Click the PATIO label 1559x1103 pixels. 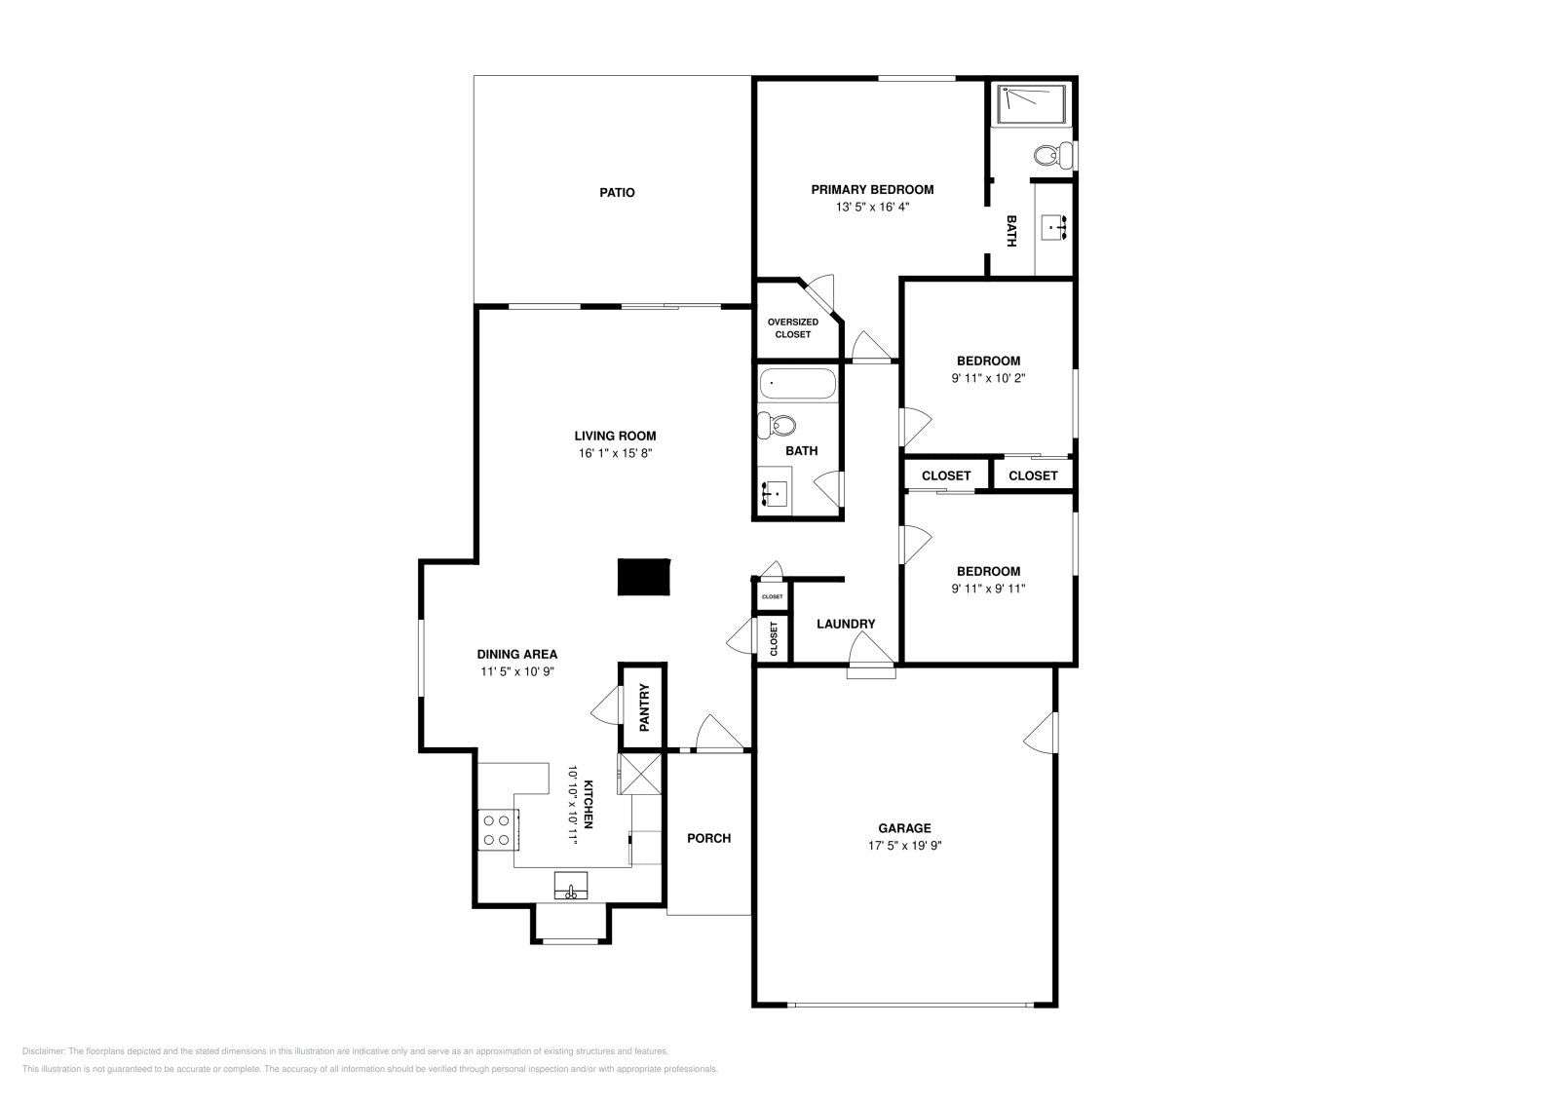[x=617, y=193]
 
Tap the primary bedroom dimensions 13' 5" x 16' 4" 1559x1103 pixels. [x=872, y=208]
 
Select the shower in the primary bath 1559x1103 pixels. [x=1031, y=103]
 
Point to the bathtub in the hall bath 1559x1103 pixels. [x=797, y=384]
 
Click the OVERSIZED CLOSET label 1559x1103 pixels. [x=792, y=328]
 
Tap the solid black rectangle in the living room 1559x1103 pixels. [x=644, y=576]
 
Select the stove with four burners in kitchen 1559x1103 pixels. [x=495, y=830]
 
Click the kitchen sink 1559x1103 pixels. [x=571, y=887]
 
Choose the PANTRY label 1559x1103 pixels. [x=644, y=707]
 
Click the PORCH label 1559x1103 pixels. [x=708, y=838]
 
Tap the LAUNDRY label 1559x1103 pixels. [x=846, y=624]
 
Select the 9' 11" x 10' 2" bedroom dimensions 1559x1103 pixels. [x=988, y=378]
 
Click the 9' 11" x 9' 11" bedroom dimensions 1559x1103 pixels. [x=988, y=589]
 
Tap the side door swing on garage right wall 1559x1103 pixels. [x=1042, y=733]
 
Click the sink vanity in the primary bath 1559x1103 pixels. [x=1053, y=227]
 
